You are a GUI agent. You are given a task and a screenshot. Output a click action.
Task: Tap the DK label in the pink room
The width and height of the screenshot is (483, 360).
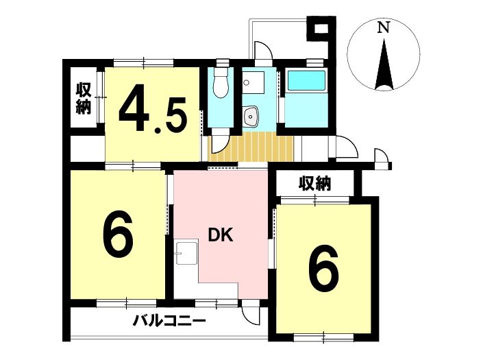(x=221, y=235)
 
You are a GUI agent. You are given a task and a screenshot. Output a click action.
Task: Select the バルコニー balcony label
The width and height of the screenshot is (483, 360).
(x=169, y=322)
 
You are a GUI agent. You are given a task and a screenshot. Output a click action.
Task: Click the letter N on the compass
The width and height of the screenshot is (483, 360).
(x=383, y=27)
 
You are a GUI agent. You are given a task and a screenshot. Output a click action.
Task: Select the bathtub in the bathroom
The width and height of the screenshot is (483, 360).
(x=306, y=81)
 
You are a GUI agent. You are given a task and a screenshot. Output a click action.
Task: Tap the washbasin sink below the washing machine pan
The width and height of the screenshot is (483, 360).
(x=251, y=116)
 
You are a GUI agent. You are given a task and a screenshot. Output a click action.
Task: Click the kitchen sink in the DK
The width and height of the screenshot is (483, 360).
(x=186, y=253)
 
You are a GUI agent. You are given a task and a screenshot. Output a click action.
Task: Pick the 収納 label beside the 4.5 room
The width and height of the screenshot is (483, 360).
(x=84, y=98)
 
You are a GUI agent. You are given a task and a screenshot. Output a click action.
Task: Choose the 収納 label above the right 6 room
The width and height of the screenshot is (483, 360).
(x=315, y=183)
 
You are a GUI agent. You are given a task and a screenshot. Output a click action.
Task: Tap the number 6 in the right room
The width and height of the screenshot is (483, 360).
(x=323, y=268)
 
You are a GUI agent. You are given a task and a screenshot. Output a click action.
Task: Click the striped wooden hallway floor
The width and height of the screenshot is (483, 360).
(x=251, y=147)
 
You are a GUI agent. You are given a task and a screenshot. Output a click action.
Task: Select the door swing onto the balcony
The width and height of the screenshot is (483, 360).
(x=250, y=312)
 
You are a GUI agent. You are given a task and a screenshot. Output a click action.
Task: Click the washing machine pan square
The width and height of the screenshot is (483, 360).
(x=253, y=82)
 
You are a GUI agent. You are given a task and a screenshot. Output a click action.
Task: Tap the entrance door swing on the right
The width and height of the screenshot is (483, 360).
(x=347, y=147)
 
